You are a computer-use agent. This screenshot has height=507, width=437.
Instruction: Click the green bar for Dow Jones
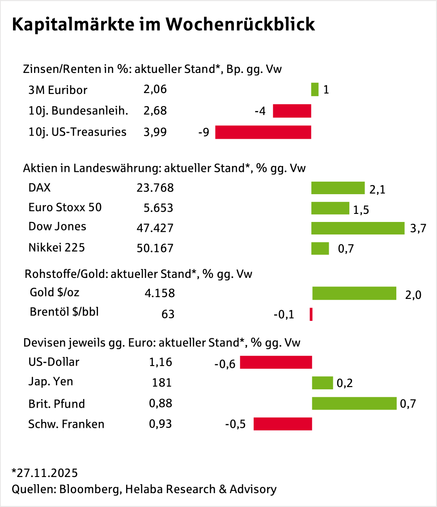coord(358,228)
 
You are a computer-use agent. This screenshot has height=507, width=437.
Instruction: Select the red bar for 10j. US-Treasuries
coord(263,132)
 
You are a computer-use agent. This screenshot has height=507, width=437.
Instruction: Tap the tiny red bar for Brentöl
coord(311,314)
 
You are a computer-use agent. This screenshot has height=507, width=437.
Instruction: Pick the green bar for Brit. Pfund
coord(354,403)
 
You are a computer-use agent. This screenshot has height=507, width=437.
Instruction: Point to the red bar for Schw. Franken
coord(283,424)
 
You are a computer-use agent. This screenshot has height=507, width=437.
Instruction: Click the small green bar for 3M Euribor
coord(315,89)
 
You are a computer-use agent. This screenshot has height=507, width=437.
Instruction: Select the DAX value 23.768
coord(155,188)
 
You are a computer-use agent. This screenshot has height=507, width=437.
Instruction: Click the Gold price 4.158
coord(159,294)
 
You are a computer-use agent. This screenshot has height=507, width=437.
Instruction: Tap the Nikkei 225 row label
coord(56,247)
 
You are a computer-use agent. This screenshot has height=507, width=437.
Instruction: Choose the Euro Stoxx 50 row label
coord(65,208)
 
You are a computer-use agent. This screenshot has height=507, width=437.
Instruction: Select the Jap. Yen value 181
coord(162,383)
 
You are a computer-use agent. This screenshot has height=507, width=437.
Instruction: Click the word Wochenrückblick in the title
coord(240,25)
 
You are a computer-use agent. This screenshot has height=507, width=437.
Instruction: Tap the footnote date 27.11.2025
coord(47,473)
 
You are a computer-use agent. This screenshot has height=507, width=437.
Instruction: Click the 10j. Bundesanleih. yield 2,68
coord(155,111)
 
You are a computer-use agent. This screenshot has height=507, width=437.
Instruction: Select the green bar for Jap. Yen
coord(322,383)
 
